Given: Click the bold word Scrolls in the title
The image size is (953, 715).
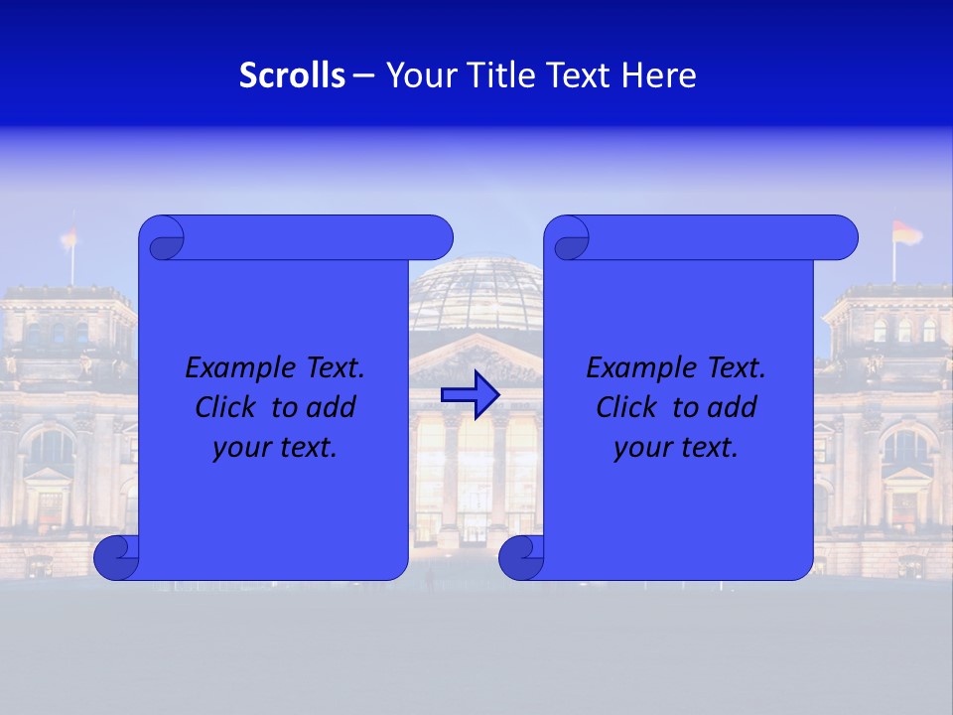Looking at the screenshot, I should click(x=292, y=75).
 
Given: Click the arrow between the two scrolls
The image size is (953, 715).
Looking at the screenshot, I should click(x=470, y=394).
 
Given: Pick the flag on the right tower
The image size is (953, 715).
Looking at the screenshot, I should click(x=905, y=233).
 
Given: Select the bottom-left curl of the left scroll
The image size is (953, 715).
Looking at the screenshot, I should click(x=116, y=557).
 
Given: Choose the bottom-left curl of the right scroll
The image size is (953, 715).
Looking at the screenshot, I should click(x=520, y=557).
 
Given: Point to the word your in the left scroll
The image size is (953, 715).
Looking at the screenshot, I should click(x=240, y=448).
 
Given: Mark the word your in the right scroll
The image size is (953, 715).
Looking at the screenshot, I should click(x=641, y=448).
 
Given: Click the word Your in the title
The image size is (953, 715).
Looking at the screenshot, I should click(x=418, y=75).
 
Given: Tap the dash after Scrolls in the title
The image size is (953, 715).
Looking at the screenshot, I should click(x=363, y=75).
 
